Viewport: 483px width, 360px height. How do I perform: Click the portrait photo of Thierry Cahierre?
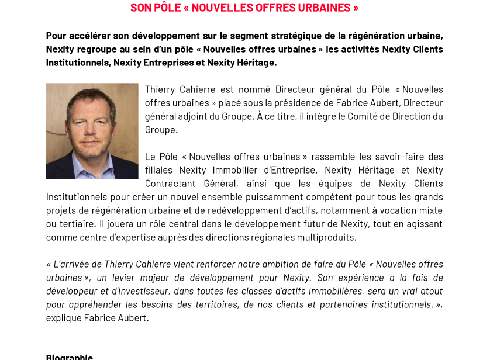point(92,131)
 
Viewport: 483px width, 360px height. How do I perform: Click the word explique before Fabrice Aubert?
point(64,318)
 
